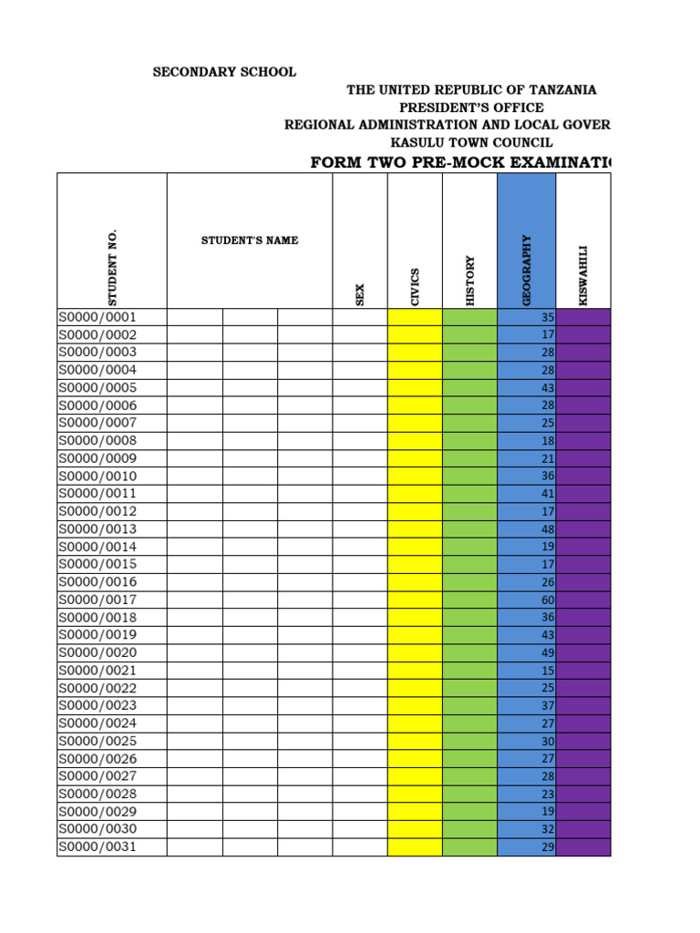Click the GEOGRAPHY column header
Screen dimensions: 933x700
coord(526,270)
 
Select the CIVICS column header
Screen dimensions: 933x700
coord(415,286)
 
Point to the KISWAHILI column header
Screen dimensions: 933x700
coord(583,275)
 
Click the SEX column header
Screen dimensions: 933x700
coord(359,294)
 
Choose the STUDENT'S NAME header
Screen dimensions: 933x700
coord(250,241)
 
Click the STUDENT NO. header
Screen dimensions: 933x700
coord(112,267)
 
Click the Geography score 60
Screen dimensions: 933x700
coord(548,600)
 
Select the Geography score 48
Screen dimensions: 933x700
coord(548,529)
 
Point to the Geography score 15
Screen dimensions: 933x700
coord(548,671)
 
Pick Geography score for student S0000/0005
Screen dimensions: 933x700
coord(548,388)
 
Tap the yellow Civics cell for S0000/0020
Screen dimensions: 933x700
coord(415,652)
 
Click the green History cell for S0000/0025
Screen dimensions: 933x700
coord(470,741)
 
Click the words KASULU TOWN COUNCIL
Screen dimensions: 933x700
coord(471,142)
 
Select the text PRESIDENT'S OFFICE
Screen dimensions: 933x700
coord(471,108)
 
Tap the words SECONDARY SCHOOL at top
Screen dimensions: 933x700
coord(223,72)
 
